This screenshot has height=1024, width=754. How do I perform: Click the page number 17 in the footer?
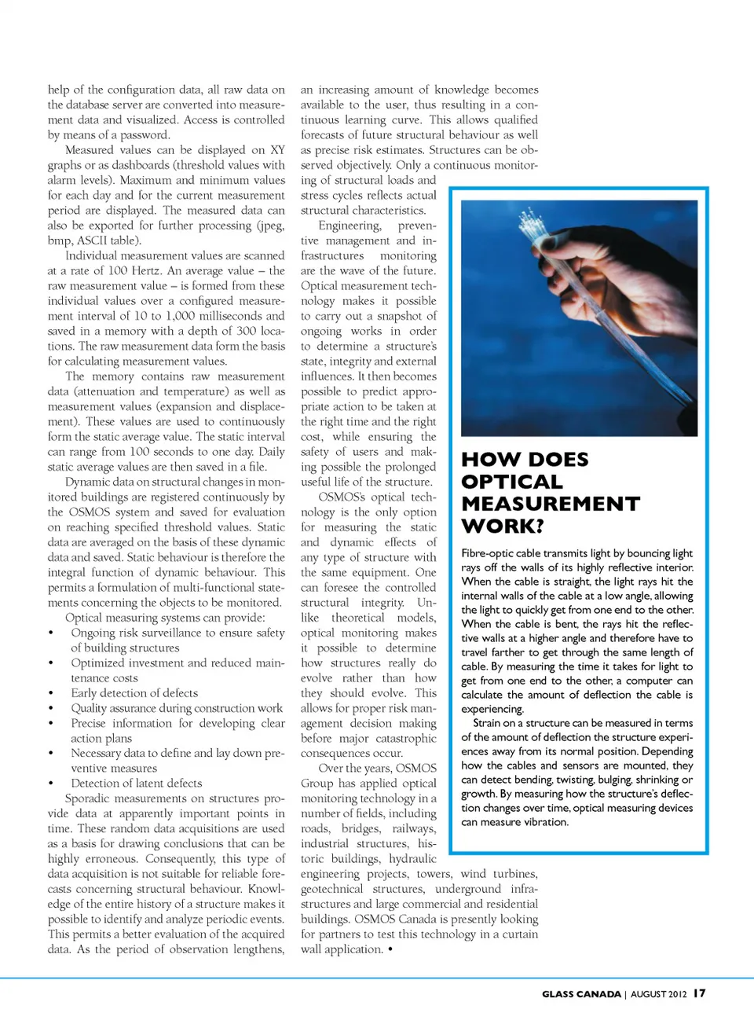(x=699, y=993)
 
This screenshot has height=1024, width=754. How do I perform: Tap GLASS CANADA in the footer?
(x=581, y=994)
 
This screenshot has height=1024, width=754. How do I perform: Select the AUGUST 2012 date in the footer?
(x=659, y=994)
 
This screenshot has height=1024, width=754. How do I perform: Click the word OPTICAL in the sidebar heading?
(x=512, y=482)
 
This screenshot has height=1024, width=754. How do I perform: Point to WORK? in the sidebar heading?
(x=503, y=526)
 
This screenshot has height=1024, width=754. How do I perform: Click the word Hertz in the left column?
(x=145, y=270)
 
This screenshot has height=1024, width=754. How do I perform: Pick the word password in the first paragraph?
(x=144, y=135)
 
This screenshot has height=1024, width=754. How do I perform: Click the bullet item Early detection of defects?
(x=134, y=693)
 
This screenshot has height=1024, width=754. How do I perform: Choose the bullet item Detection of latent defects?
(x=136, y=784)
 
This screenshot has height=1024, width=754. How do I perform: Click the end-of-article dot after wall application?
(x=390, y=949)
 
